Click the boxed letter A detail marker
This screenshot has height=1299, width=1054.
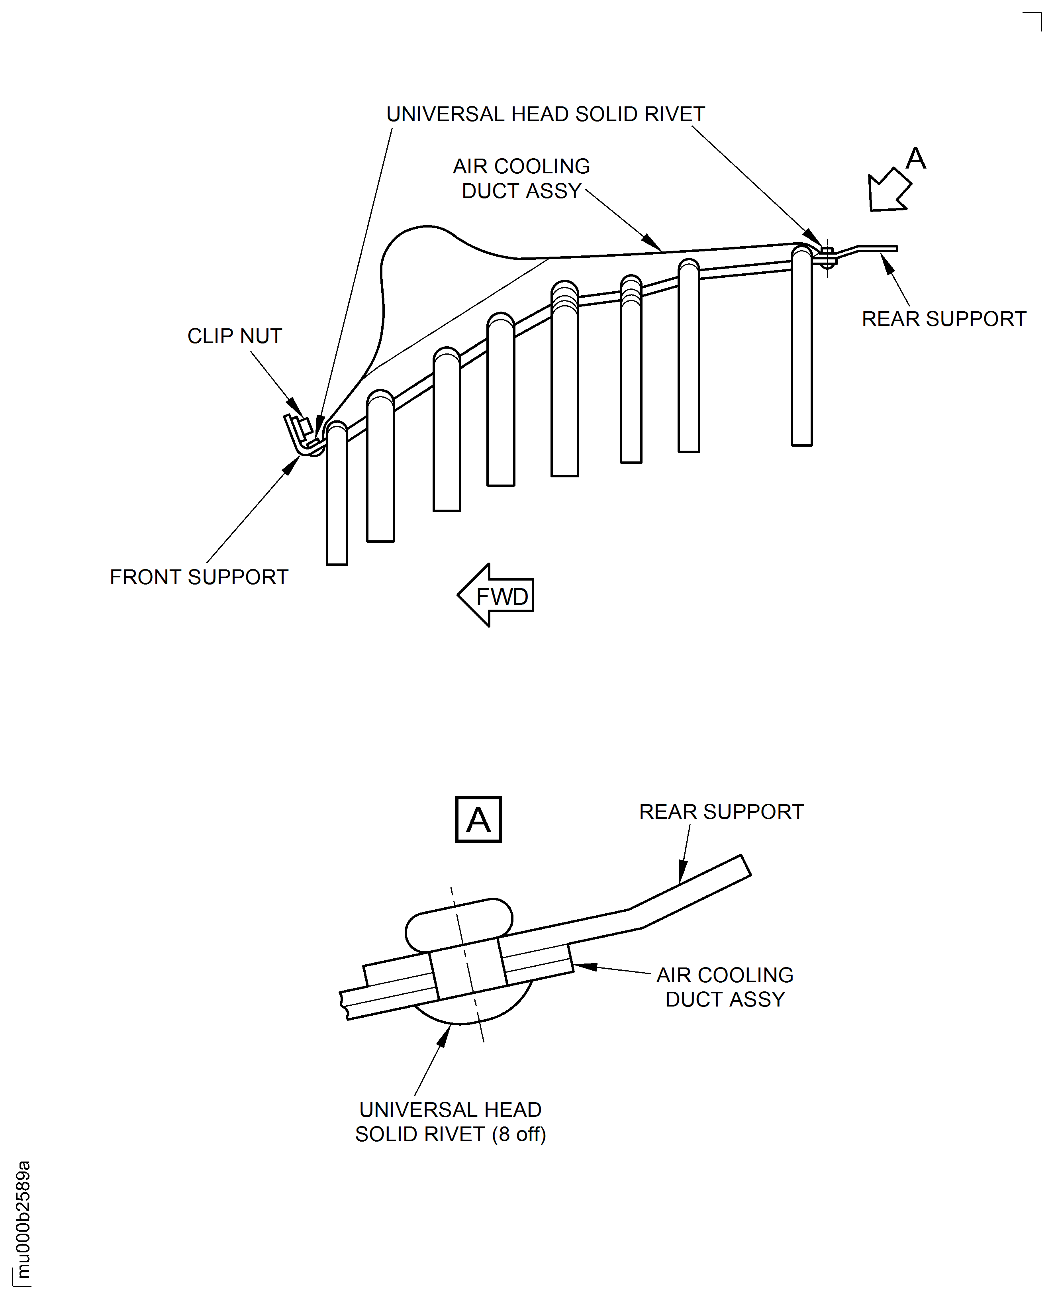[478, 819]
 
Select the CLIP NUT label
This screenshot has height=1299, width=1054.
[234, 336]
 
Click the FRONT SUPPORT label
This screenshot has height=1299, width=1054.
[198, 577]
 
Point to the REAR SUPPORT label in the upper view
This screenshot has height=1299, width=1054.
[944, 319]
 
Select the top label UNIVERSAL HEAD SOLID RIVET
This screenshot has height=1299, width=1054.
[545, 114]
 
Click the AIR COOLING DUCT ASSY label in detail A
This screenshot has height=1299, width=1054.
[725, 987]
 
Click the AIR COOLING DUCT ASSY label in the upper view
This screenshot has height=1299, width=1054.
[521, 179]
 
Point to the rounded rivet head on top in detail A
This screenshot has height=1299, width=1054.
[458, 924]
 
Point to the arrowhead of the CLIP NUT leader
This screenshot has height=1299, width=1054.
[296, 408]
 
